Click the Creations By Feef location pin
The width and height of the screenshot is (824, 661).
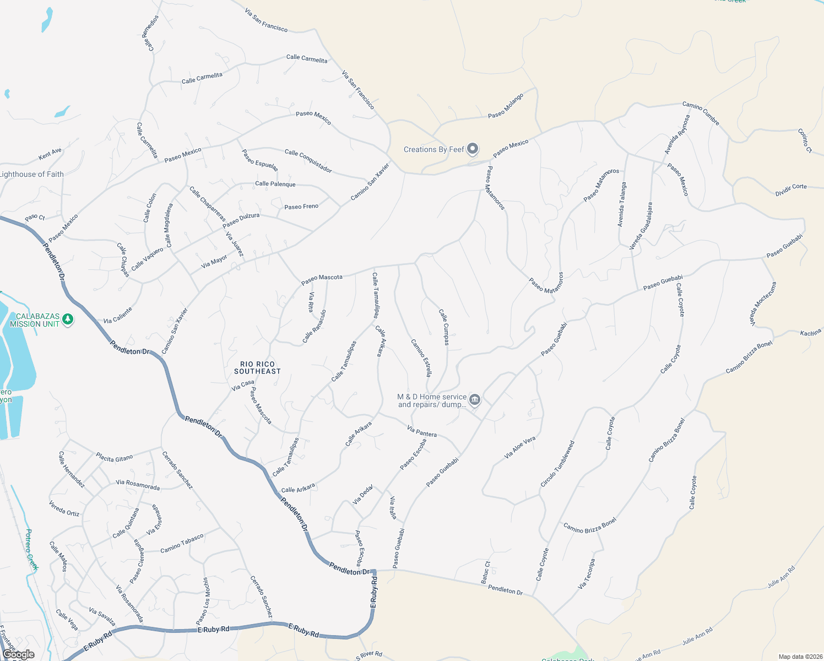coord(473,149)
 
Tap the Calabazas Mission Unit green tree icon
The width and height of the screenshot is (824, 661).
coord(68,319)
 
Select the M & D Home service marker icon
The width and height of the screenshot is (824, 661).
coord(475,400)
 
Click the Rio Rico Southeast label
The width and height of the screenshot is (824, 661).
coord(257,367)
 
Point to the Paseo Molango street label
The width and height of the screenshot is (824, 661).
coord(506,106)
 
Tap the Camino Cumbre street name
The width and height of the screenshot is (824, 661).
coord(701,113)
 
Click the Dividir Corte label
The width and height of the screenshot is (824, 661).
coord(791,190)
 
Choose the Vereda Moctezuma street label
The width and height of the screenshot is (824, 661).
coord(763,304)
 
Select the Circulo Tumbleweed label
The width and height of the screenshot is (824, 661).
coord(557,464)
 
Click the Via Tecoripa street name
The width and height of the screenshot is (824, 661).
coord(587,574)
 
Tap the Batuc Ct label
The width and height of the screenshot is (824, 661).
coord(485,572)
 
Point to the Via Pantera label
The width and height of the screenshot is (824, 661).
coord(422,431)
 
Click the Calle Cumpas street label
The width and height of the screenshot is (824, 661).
coord(444,327)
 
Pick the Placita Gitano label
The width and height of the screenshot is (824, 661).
coord(115,458)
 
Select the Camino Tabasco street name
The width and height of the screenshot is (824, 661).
coord(182,543)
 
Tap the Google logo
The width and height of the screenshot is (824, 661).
coord(18,654)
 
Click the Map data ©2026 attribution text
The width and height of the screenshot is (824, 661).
coord(799,657)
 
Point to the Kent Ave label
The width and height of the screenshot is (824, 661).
coord(50,154)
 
